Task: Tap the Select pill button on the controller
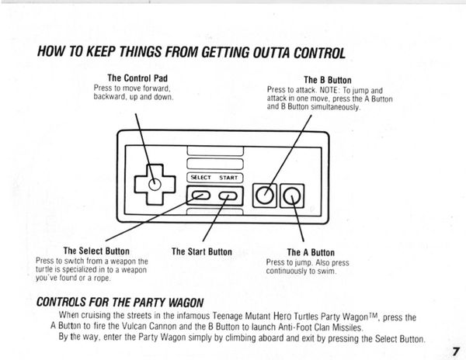(201, 196)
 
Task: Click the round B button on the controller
(265, 196)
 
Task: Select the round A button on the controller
(292, 196)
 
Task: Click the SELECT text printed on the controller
(200, 178)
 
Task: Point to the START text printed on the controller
(228, 178)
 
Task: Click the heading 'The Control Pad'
(137, 78)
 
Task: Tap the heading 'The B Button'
(328, 80)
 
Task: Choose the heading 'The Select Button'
(96, 251)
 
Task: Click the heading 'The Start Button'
(202, 251)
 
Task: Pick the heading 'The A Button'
(311, 253)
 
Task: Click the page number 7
(456, 351)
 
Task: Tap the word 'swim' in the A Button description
(328, 272)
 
